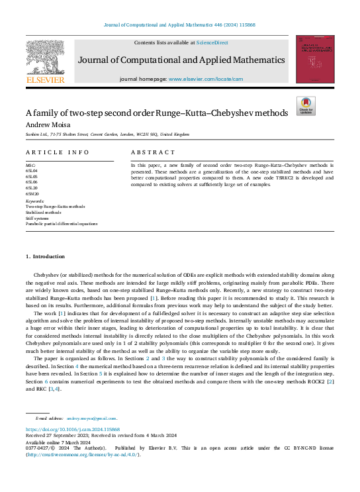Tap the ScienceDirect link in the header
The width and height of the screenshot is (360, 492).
(213, 42)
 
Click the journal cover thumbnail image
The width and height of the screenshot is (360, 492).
(315, 60)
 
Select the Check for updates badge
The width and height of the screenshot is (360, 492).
(306, 105)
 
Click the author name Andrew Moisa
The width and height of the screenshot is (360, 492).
(48, 124)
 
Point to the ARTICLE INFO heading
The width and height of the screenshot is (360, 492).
(57, 152)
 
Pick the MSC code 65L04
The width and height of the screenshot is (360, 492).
(31, 170)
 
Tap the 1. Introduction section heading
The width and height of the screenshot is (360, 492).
(45, 256)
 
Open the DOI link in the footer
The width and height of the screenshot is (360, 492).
(72, 429)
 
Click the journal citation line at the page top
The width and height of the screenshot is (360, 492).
(180, 26)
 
